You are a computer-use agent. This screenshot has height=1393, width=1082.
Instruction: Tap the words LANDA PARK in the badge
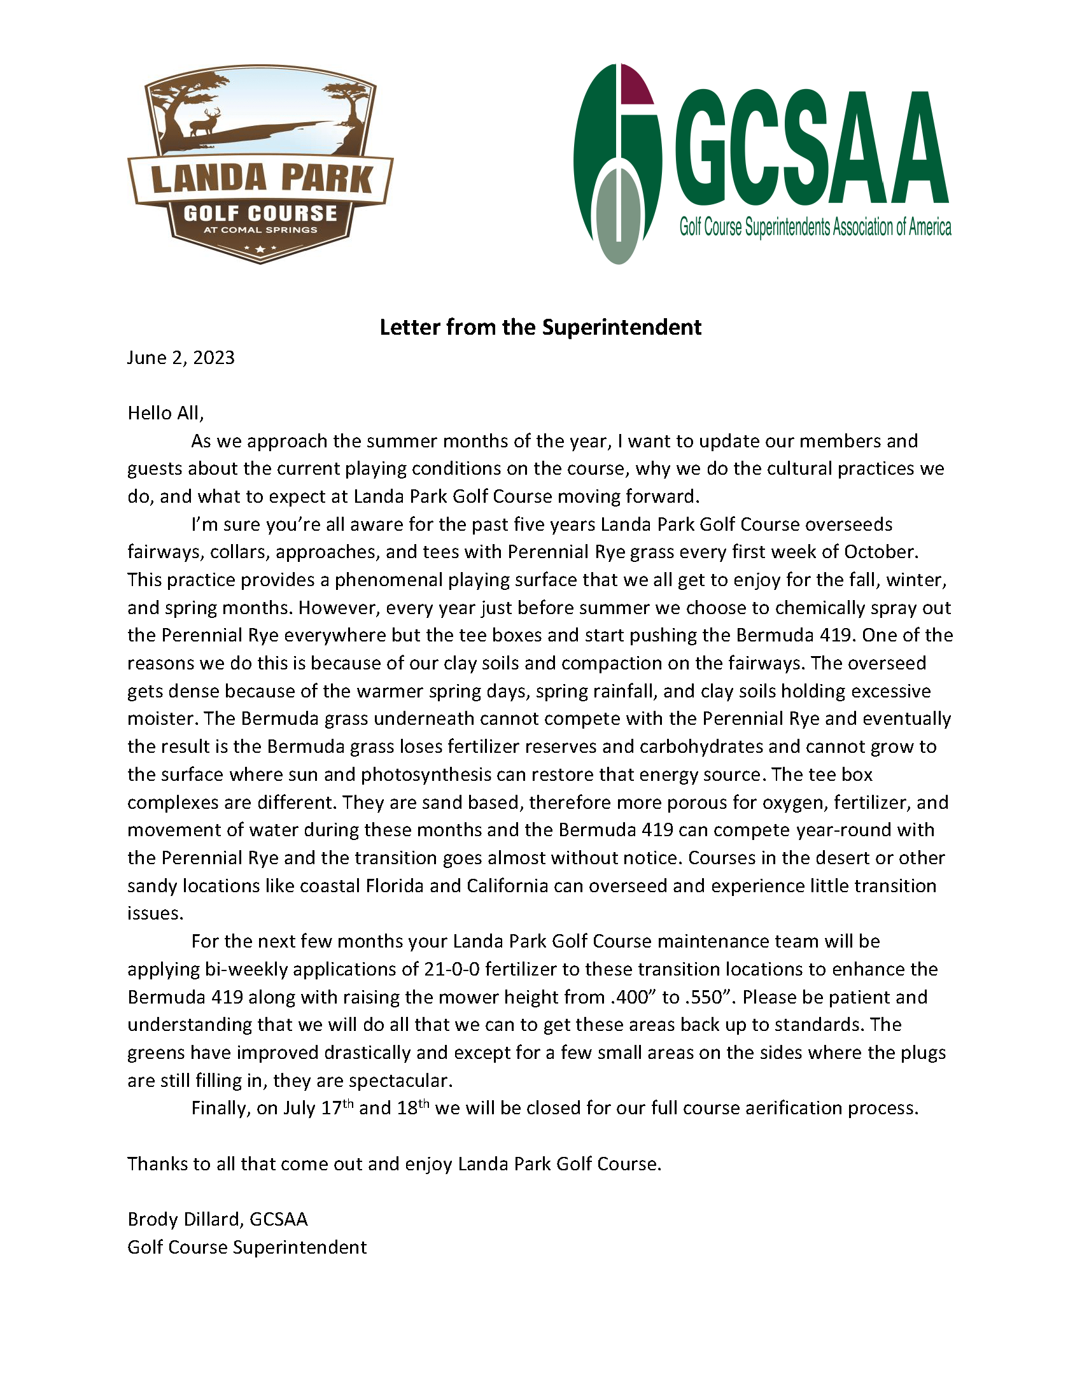coord(262,179)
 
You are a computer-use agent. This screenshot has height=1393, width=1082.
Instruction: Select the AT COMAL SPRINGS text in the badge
coord(260,230)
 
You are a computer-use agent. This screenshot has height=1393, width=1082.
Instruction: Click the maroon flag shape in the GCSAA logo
coord(635,86)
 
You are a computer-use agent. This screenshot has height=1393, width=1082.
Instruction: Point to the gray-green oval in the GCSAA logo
coord(619,216)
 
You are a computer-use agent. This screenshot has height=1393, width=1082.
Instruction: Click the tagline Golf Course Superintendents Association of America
coord(815,227)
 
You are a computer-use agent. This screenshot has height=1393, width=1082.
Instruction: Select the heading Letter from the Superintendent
coord(540,327)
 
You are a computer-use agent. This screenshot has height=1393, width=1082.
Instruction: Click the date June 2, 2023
coord(181,357)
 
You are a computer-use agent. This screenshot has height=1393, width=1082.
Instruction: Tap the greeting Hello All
coord(165,412)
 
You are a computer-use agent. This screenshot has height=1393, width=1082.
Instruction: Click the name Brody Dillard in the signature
coord(185,1219)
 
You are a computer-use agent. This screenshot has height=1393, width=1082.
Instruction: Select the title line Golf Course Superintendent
coord(247,1247)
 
